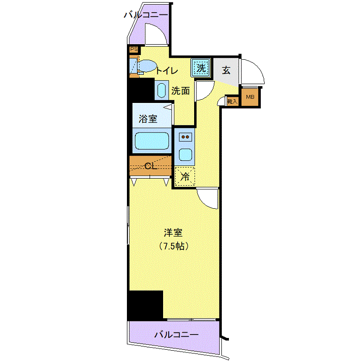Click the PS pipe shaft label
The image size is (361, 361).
134,49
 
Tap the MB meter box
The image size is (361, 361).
250,97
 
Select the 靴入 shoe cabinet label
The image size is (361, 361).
232,101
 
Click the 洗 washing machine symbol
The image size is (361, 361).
201,68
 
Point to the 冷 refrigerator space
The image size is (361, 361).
185,176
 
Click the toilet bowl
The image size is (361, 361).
147,66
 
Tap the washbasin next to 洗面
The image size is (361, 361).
162,90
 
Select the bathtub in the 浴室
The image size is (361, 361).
152,141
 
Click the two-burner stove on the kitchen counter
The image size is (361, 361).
185,137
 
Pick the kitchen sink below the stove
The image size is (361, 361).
185,155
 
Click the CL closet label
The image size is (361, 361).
151,166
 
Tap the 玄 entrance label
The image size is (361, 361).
226,70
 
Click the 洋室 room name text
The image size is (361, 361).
173,233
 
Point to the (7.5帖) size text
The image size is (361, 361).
174,246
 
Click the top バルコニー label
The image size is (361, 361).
146,15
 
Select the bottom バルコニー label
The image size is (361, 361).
176,335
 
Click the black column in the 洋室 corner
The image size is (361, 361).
145,305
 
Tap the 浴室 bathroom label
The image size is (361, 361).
148,119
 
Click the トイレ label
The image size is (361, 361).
167,71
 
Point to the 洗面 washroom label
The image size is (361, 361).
180,91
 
